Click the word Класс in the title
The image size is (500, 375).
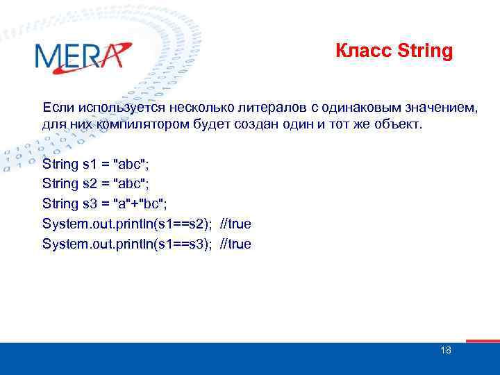(356, 51)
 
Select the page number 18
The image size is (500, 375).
(446, 350)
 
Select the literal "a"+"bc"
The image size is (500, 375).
(141, 204)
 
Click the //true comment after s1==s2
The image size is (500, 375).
(235, 224)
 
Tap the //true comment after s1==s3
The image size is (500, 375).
(235, 244)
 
